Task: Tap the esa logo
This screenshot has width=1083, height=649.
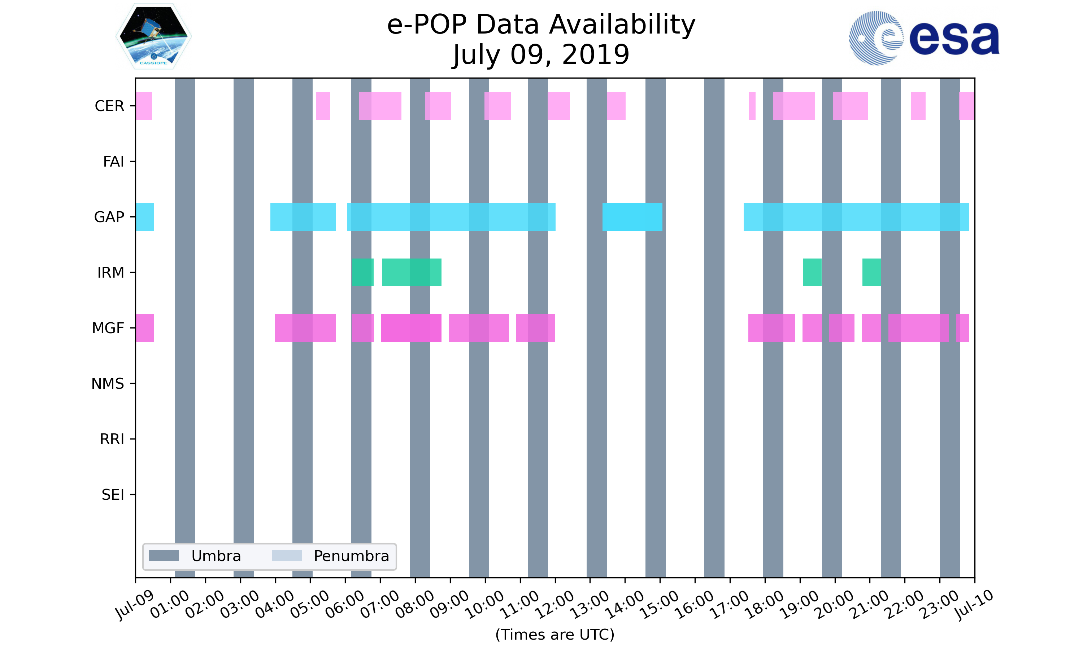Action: [x=924, y=38]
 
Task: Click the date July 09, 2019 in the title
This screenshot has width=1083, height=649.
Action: [x=541, y=55]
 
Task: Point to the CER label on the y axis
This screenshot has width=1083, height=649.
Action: [x=109, y=106]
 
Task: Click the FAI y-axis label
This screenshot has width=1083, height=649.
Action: [x=113, y=162]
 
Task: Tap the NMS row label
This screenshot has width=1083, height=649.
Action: [x=108, y=384]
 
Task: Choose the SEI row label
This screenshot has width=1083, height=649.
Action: [x=113, y=495]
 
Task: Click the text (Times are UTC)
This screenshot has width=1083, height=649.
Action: [x=554, y=635]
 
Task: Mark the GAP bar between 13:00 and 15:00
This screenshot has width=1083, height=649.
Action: [x=632, y=217]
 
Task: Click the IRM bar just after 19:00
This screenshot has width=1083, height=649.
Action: [x=812, y=273]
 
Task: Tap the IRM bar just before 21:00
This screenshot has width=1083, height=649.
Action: [x=871, y=273]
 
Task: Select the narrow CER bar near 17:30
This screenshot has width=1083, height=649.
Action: [x=752, y=106]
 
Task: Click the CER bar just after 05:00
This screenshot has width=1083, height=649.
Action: [x=323, y=106]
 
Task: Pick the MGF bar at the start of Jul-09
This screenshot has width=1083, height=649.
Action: [x=145, y=328]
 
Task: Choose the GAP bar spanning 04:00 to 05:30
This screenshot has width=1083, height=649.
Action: [x=303, y=217]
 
